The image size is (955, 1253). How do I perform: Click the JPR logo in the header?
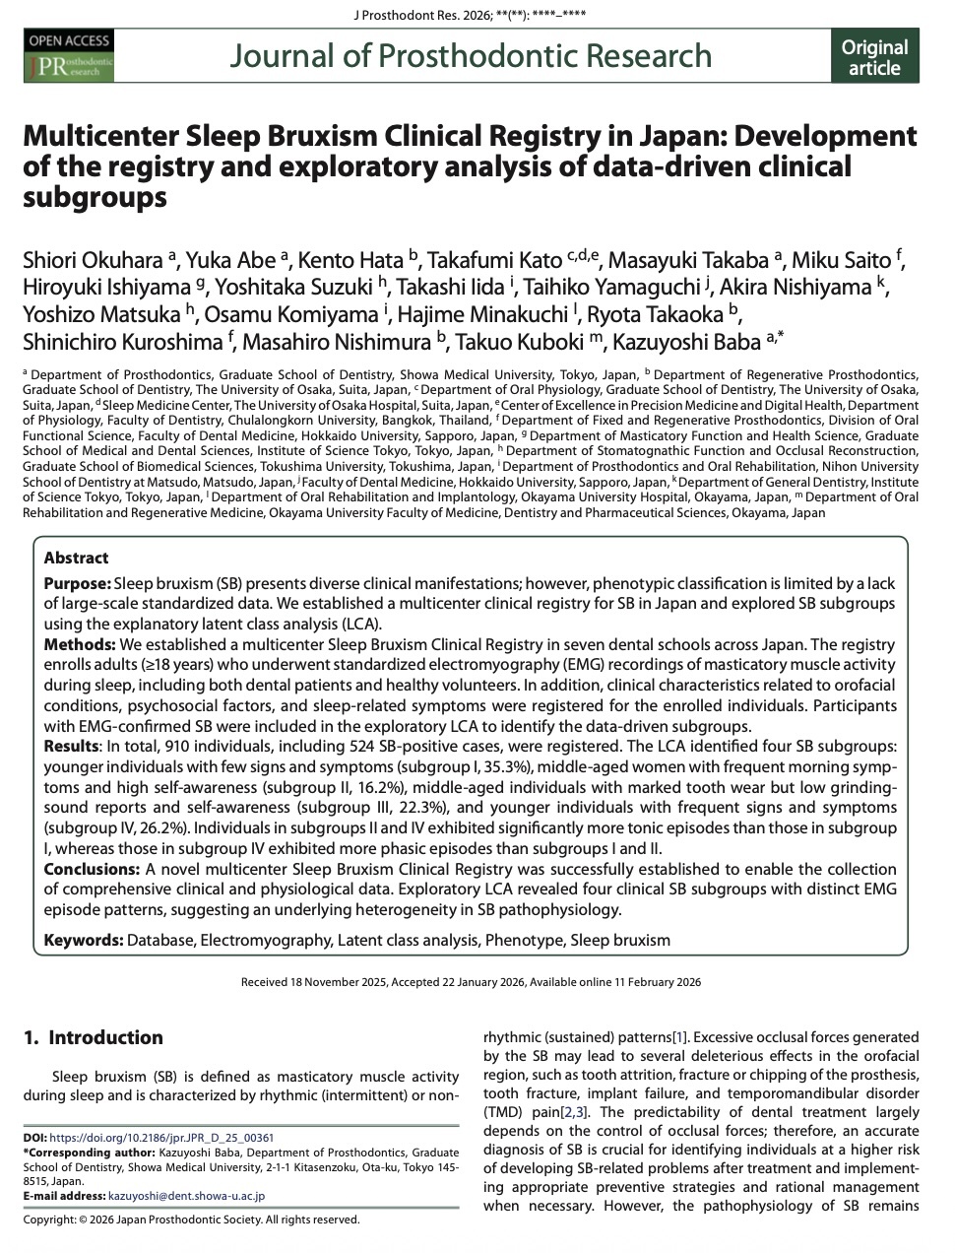pos(68,56)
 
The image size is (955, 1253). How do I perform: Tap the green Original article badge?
pos(874,57)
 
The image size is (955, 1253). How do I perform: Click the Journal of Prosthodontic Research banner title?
pos(471,55)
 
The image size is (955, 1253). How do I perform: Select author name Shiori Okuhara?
pos(94,261)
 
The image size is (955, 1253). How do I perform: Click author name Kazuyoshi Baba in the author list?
pos(693,342)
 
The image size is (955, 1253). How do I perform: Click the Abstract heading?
pos(76,558)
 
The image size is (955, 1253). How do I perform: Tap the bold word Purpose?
pos(77,583)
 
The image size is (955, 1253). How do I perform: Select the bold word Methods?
pos(80,644)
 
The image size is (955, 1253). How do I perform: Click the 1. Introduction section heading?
pos(94,1037)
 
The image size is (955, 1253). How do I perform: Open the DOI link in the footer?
pos(161,1137)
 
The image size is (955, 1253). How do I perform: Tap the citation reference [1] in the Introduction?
pos(679,1037)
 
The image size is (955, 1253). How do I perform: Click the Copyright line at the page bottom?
pos(191,1220)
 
